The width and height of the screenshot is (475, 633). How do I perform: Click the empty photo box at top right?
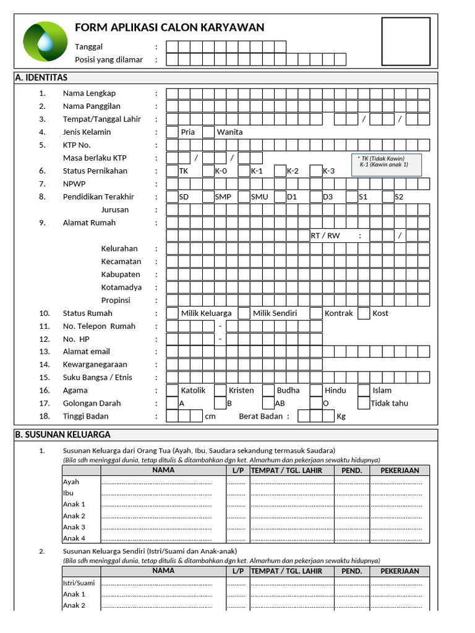[x=406, y=41]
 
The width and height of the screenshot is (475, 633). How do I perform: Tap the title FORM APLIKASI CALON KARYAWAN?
[x=169, y=27]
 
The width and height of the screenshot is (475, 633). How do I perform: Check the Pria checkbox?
[x=173, y=132]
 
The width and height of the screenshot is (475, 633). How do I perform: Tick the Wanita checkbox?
[x=208, y=132]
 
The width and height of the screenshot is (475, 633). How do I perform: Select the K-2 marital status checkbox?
[x=280, y=171]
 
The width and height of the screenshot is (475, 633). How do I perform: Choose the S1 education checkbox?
[x=353, y=197]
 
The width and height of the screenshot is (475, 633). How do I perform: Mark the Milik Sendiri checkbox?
[x=244, y=313]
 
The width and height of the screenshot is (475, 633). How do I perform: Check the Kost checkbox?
[x=364, y=313]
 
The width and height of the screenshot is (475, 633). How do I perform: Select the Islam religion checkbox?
[x=364, y=390]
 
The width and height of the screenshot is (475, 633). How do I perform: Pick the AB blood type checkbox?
[x=268, y=403]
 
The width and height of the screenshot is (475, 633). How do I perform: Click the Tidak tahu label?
[x=389, y=403]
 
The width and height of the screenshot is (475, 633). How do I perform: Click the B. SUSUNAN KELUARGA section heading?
[x=62, y=435]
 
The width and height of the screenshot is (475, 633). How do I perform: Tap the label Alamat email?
[x=87, y=352]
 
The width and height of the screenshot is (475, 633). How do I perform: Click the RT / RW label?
[x=325, y=236]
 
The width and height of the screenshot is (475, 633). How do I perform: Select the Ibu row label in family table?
[x=68, y=493]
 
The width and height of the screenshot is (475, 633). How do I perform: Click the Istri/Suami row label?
[x=79, y=583]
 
